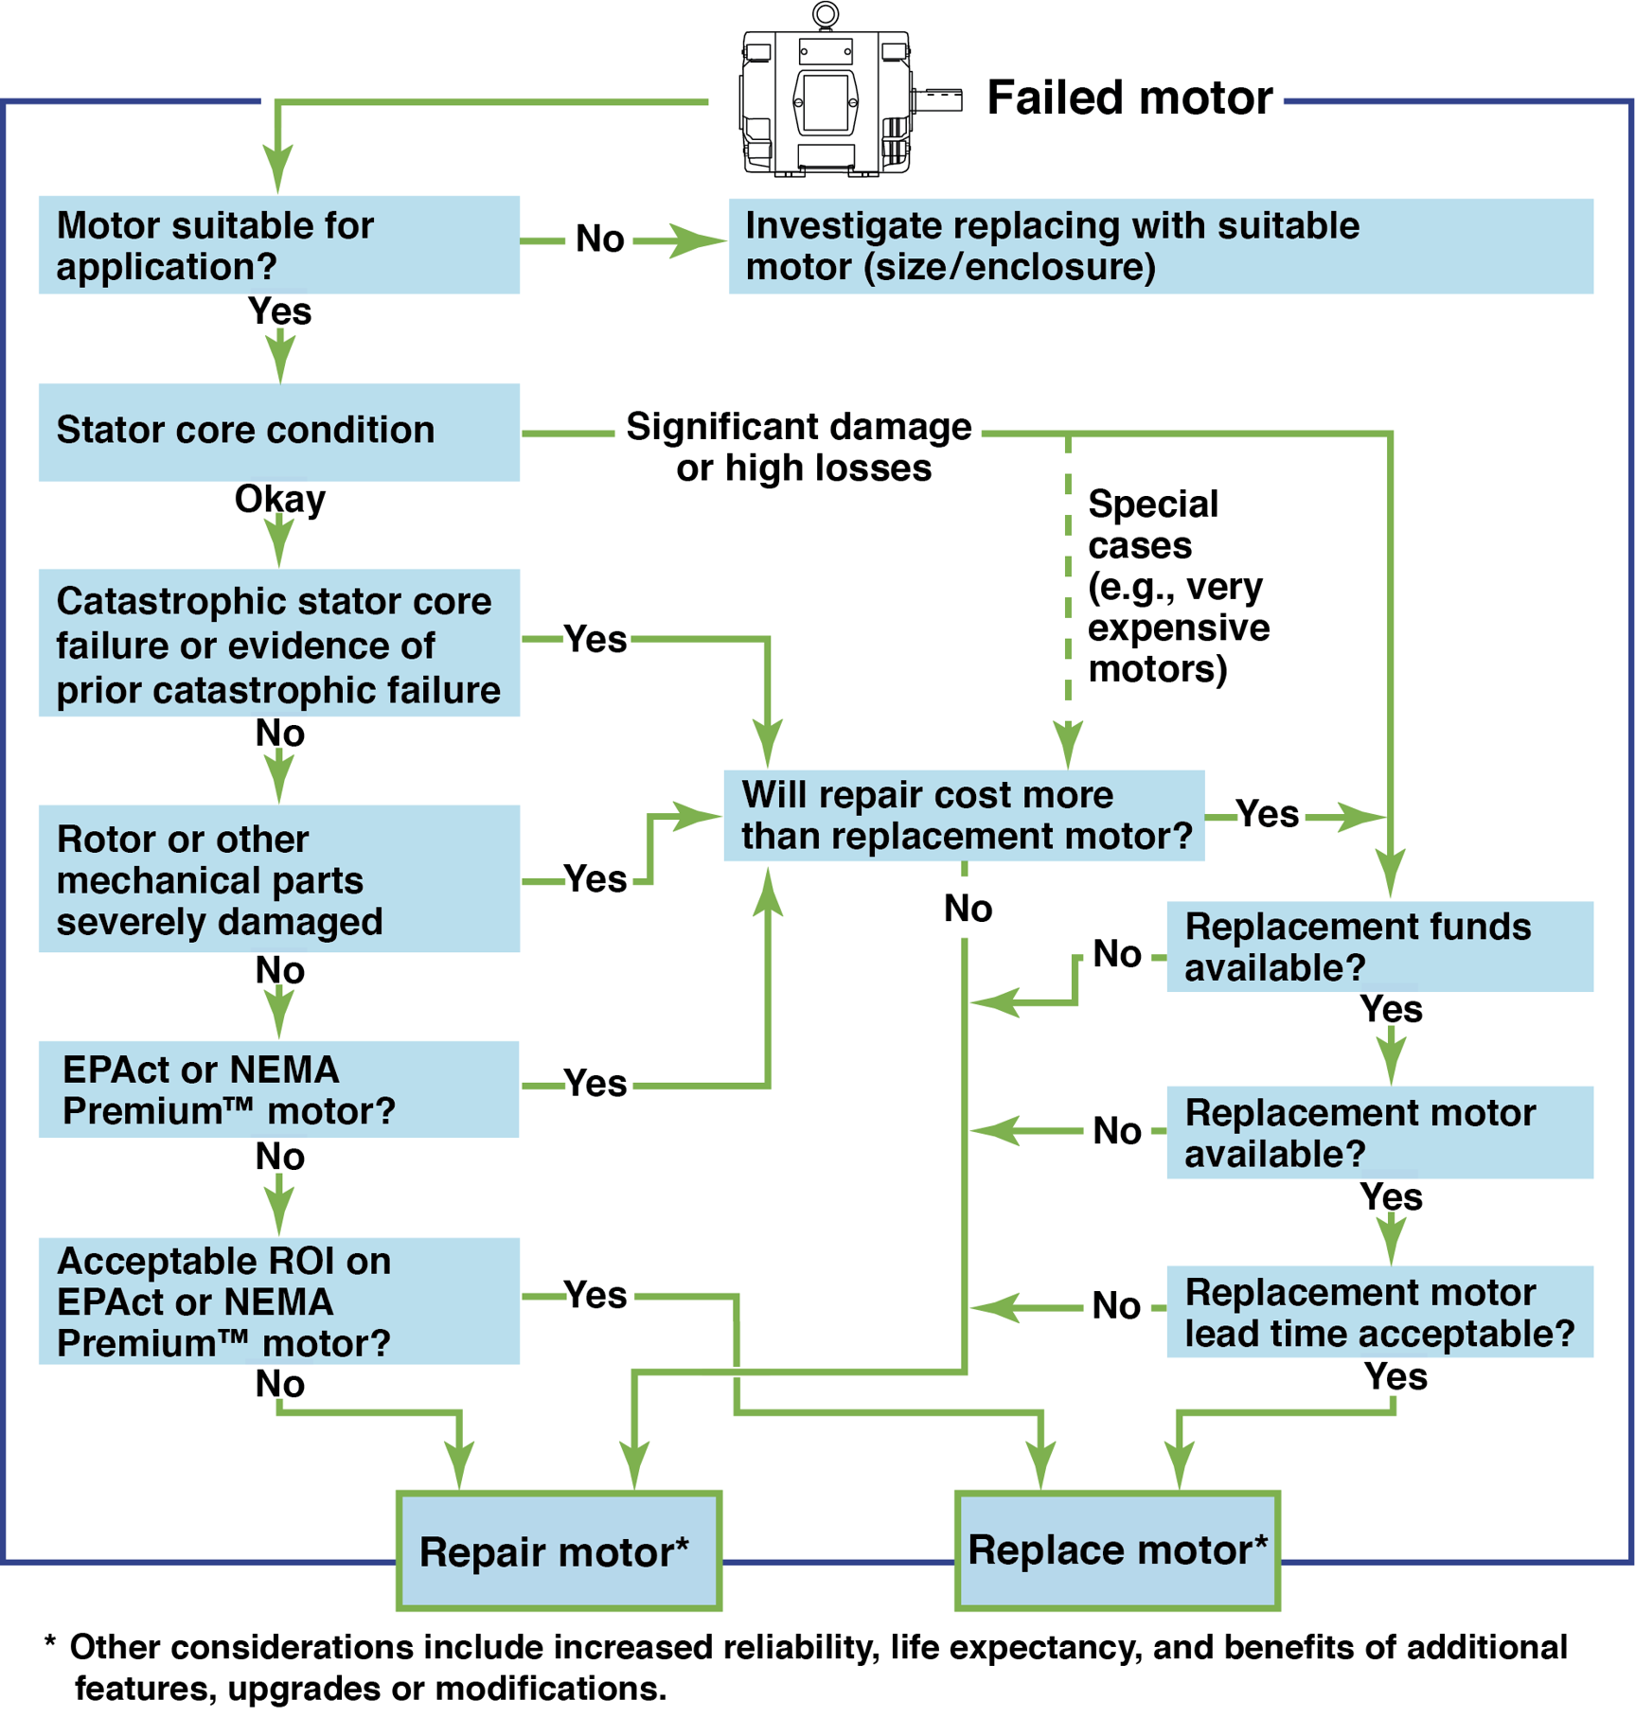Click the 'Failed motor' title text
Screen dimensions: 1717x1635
click(1129, 97)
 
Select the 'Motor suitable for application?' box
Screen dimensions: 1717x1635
click(278, 245)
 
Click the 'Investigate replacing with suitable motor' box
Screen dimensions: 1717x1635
click(1160, 246)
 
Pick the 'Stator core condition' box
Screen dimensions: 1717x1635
click(278, 432)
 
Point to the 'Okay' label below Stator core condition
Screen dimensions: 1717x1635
click(280, 499)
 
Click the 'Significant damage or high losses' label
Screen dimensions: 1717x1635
click(801, 447)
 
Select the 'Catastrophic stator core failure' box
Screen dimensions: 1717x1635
click(278, 644)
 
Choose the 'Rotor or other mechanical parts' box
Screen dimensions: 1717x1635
click(278, 879)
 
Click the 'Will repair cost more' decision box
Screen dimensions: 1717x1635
click(964, 816)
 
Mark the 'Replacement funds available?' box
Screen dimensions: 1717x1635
click(1378, 947)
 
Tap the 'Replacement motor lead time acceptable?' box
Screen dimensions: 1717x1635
click(1378, 1312)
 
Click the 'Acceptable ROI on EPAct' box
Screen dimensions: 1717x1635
click(278, 1301)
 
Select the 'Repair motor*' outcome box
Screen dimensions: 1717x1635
click(559, 1551)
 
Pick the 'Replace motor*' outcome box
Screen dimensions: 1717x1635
click(1117, 1550)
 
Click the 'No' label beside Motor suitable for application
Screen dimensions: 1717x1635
click(600, 239)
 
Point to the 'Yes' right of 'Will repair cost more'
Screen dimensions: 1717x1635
click(1268, 814)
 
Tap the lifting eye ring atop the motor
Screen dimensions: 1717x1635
click(826, 14)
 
